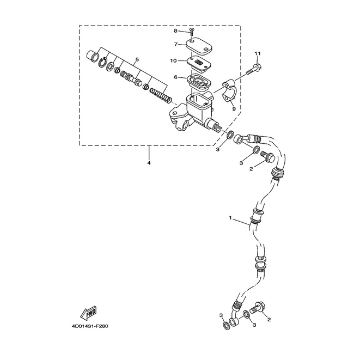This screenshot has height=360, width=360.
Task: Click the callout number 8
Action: tap(176, 31)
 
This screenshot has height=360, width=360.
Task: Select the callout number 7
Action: tap(176, 44)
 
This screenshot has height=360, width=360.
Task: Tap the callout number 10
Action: tap(174, 60)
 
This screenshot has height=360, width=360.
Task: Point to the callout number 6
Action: tap(176, 77)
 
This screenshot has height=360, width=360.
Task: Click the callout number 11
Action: tap(258, 53)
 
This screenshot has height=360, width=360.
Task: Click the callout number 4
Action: tap(148, 163)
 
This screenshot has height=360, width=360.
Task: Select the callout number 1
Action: tap(230, 219)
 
